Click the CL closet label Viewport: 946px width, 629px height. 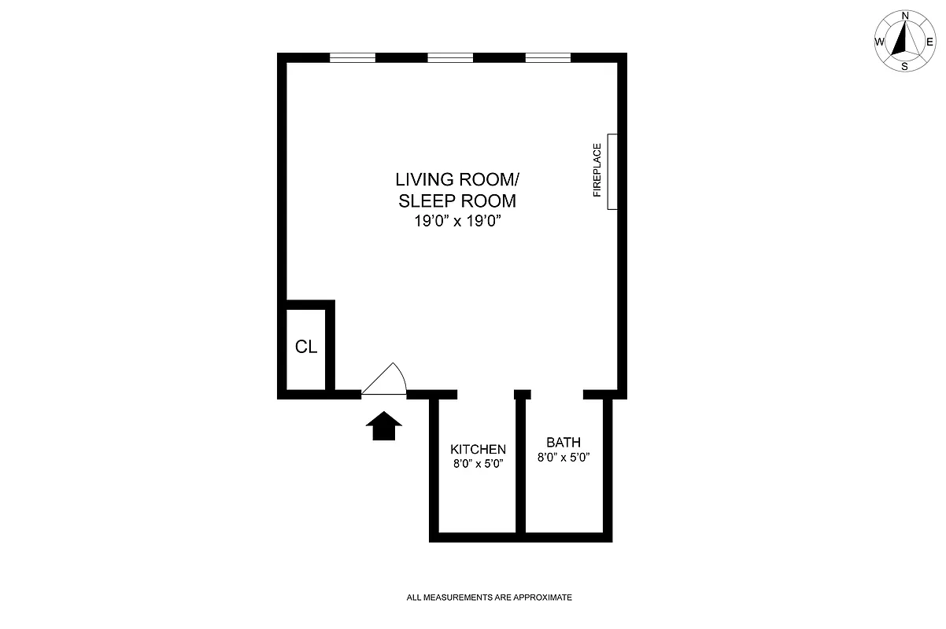pyautogui.click(x=306, y=347)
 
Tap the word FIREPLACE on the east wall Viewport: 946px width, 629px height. pyautogui.click(x=597, y=170)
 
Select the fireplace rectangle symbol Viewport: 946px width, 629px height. pyautogui.click(x=612, y=171)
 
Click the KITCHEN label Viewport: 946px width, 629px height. pyautogui.click(x=478, y=449)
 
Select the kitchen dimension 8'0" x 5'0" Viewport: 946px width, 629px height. pyautogui.click(x=478, y=463)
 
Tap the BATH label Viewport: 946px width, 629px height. pyautogui.click(x=564, y=443)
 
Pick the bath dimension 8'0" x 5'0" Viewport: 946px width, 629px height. pyautogui.click(x=564, y=457)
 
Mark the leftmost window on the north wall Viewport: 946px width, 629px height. pyautogui.click(x=353, y=57)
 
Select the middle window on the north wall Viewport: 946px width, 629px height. pyautogui.click(x=450, y=57)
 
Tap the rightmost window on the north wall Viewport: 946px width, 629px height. pyautogui.click(x=548, y=57)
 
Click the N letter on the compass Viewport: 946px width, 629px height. pyautogui.click(x=905, y=16)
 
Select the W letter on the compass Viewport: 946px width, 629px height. pyautogui.click(x=879, y=42)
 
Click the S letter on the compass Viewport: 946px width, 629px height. pyautogui.click(x=905, y=67)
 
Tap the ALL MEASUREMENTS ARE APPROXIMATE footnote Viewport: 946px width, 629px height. pyautogui.click(x=489, y=598)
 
